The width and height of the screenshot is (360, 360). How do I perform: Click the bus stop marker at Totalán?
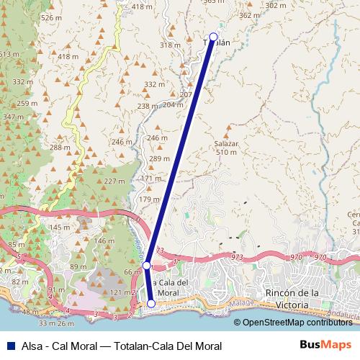coord(213,37)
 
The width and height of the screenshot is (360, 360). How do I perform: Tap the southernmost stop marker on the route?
coord(151,304)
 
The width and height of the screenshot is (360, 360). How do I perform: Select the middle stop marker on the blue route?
coord(146,266)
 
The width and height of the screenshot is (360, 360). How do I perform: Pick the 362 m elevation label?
coord(248,15)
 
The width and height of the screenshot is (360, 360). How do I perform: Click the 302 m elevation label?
coord(275,6)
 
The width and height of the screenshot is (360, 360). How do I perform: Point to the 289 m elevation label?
coord(159,158)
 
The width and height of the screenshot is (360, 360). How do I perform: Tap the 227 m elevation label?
coord(114,181)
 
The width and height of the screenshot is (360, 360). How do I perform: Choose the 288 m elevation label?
coord(60,148)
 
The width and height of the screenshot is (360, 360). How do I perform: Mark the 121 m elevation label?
coord(120,292)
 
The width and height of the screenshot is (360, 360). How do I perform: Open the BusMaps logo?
coord(325,345)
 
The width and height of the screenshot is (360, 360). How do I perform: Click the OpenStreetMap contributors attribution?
coord(297,322)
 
